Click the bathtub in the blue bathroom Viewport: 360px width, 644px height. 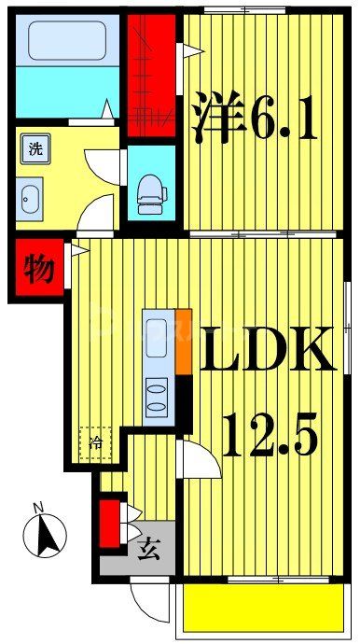click(x=68, y=41)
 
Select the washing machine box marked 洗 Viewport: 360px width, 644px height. click(x=33, y=148)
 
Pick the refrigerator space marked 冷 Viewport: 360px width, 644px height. click(x=95, y=442)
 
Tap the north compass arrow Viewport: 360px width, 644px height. click(x=46, y=537)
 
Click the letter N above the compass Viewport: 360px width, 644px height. click(x=38, y=508)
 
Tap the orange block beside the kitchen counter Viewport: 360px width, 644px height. click(x=183, y=341)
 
